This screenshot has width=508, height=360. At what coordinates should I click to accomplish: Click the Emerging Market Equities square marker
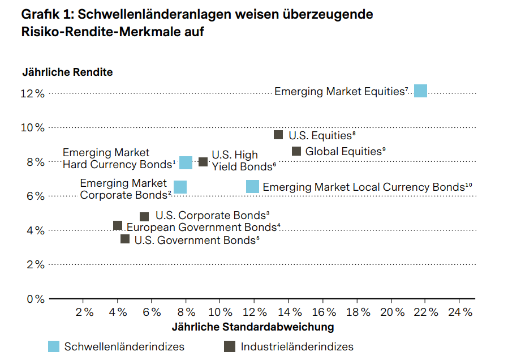tap(420, 91)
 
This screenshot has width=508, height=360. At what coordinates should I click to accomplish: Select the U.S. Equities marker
tap(278, 135)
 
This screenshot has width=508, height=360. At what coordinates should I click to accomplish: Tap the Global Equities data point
tap(296, 151)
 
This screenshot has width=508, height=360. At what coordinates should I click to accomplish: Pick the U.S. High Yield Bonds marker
tap(203, 162)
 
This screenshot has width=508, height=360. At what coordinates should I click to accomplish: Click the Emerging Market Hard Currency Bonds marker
tap(186, 163)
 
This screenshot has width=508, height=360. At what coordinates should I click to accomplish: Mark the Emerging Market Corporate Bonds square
tap(180, 187)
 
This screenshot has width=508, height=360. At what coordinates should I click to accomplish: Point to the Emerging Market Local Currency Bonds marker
tap(252, 186)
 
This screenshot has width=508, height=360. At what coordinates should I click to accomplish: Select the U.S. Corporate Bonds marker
tap(144, 216)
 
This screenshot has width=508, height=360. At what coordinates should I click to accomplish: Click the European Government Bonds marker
tap(118, 226)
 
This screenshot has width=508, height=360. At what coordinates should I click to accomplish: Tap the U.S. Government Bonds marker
tap(125, 239)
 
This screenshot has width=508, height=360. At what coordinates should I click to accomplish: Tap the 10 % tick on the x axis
tap(220, 312)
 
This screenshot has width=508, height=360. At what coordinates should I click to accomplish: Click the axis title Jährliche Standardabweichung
tap(252, 327)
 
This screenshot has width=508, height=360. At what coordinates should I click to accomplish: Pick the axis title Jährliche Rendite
tap(67, 72)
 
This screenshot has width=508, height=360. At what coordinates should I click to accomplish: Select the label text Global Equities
tap(343, 151)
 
